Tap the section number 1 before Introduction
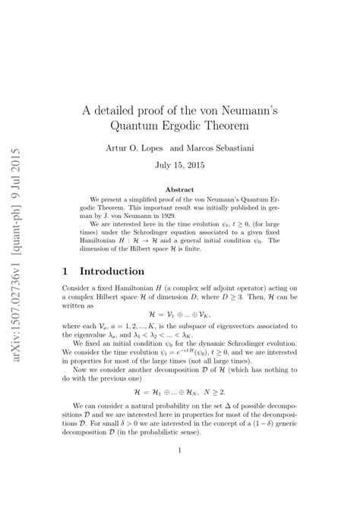(x=65, y=271)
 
